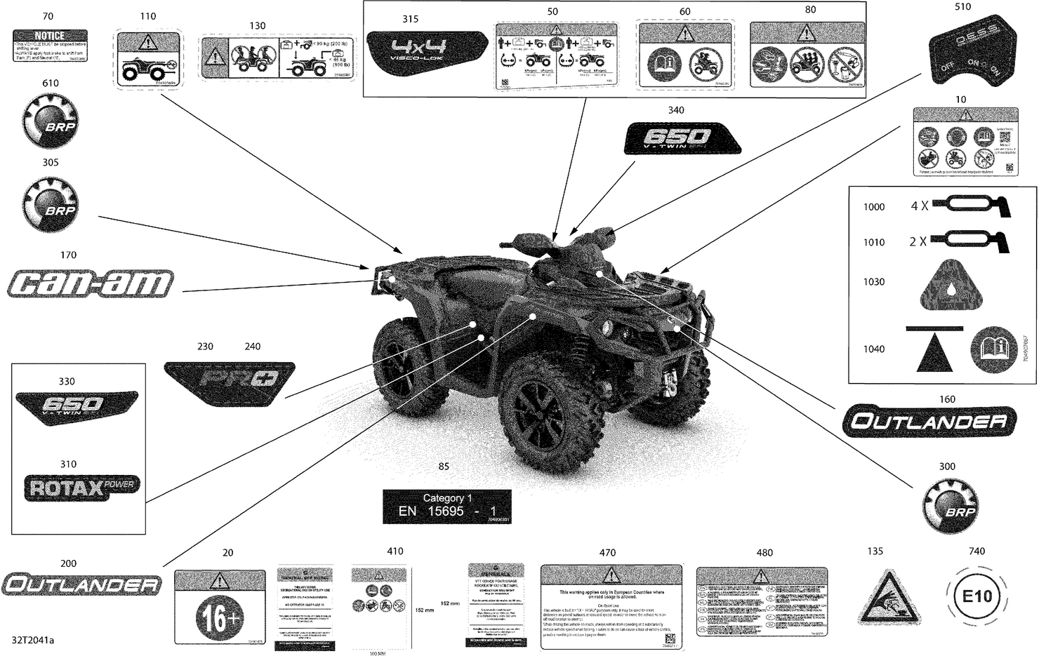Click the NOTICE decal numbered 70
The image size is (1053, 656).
click(x=50, y=46)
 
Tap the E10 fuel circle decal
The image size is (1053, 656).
click(x=976, y=597)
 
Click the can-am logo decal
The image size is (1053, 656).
click(x=91, y=283)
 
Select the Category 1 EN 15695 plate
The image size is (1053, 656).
click(x=446, y=506)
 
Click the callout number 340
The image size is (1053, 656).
click(x=676, y=110)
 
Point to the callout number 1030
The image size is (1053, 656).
click(x=874, y=282)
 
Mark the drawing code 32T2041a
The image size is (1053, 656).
click(x=33, y=641)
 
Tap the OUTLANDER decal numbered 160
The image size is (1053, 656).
click(x=927, y=422)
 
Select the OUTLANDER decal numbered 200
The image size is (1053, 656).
click(x=81, y=584)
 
